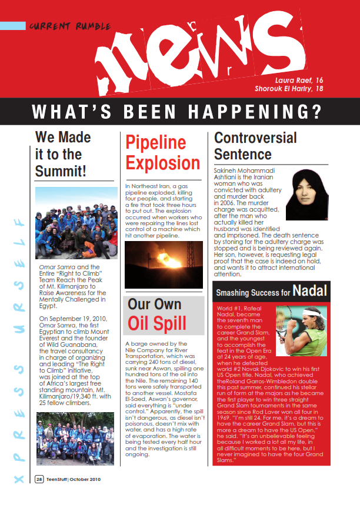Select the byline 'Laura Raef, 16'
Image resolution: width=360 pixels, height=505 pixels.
coord(299,79)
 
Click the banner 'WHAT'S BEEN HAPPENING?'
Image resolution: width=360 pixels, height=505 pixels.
coord(176,111)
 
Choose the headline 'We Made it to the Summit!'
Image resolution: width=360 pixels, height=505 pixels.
coord(63,154)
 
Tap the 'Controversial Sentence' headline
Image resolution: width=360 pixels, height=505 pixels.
coord(255,146)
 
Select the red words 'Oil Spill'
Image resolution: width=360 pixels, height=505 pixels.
coord(157,322)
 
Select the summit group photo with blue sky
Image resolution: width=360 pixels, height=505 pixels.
coord(76,223)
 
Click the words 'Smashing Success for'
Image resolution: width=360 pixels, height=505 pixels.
coord(254,292)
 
